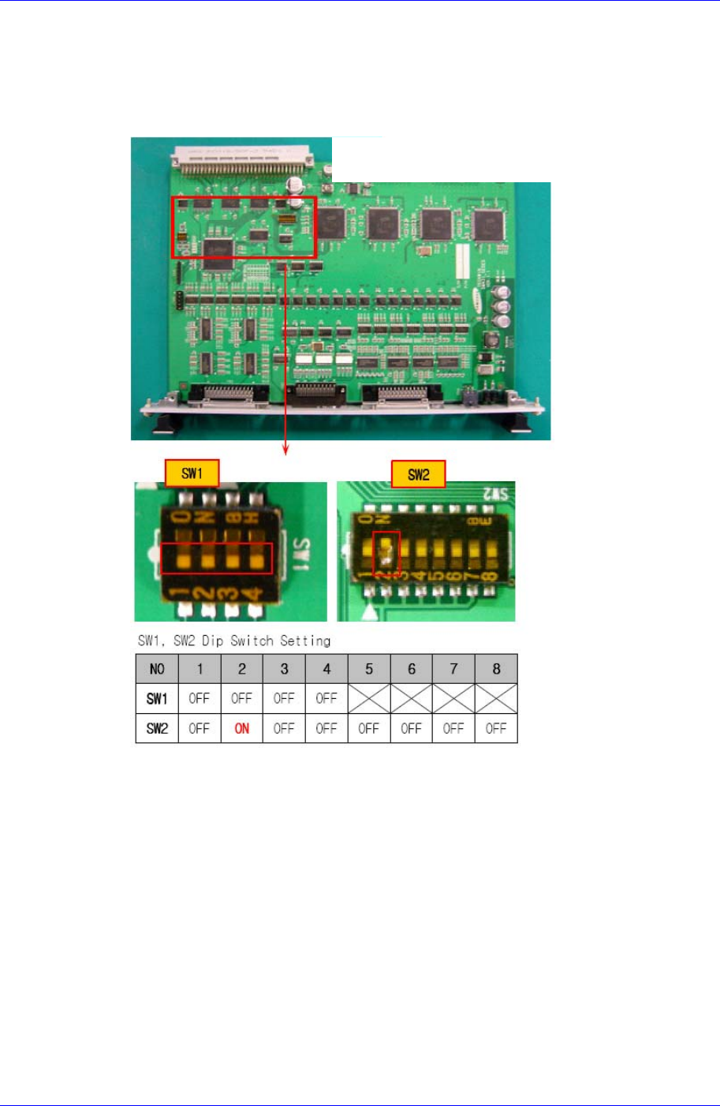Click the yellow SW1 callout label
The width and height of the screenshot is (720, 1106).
coord(192,473)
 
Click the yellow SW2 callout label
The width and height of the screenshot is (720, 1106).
coord(418,474)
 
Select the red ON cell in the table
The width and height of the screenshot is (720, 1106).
coord(242,728)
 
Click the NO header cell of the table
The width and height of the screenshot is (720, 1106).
coord(157,669)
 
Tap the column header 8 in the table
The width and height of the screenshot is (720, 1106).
coord(496,669)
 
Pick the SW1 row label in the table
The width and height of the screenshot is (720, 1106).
coord(157,698)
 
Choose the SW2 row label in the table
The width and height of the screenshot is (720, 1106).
coord(157,728)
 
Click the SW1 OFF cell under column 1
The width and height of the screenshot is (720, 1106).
coord(200,698)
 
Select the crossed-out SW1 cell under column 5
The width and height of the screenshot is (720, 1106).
coord(369,698)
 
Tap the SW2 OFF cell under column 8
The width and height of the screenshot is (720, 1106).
coord(496,728)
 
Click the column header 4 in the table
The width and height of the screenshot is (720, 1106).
coord(326,669)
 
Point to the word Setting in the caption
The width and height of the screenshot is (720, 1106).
coord(305,641)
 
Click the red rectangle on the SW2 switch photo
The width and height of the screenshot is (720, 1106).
coord(386,554)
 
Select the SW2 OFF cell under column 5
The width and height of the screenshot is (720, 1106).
coord(369,728)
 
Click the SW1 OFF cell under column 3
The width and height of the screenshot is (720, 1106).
coord(284,698)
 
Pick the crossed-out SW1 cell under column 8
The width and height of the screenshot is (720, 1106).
coord(496,698)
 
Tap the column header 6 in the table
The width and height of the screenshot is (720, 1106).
coord(412,669)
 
